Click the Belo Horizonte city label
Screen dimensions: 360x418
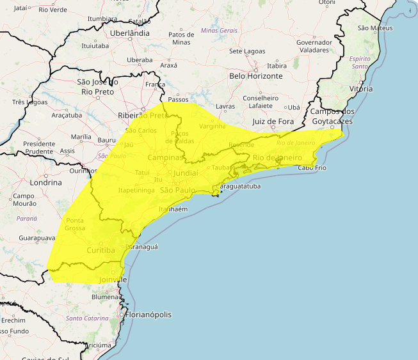pyautogui.click(x=255, y=75)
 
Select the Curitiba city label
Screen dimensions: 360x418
pyautogui.click(x=100, y=249)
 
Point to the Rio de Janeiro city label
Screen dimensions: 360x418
pyautogui.click(x=277, y=157)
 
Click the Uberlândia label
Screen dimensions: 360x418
pyautogui.click(x=130, y=33)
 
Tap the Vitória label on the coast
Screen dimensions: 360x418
pyautogui.click(x=360, y=89)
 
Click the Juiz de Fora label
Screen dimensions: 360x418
pyautogui.click(x=273, y=121)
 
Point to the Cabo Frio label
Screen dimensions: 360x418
pyautogui.click(x=312, y=168)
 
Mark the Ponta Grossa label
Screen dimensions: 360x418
pyautogui.click(x=76, y=224)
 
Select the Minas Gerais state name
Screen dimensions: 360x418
pyautogui.click(x=218, y=30)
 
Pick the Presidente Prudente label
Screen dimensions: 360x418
pyautogui.click(x=39, y=148)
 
